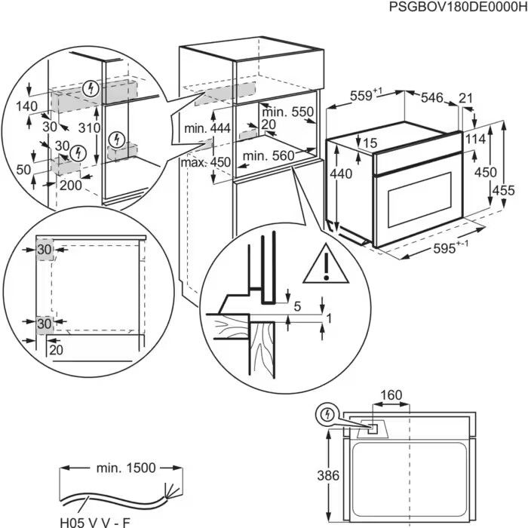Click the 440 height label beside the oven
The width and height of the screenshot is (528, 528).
(342, 173)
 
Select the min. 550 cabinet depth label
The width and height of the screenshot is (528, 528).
(287, 112)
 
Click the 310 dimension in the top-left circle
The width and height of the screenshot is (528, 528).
(89, 128)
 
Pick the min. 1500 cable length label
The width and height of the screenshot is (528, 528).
(125, 468)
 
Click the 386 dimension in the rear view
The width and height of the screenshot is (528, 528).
(326, 477)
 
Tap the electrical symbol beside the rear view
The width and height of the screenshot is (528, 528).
(327, 414)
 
